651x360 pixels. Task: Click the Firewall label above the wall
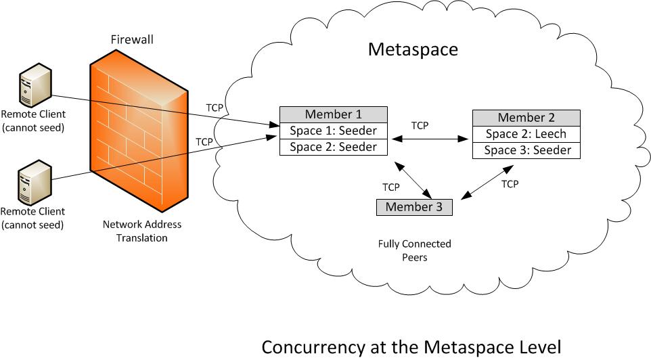[132, 40]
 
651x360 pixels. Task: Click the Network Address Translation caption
[142, 231]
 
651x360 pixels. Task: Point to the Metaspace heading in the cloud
[412, 49]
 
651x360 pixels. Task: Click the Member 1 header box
[334, 114]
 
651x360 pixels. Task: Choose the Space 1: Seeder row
[334, 131]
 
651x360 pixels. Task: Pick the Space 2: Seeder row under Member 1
[334, 147]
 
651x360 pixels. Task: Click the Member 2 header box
[526, 118]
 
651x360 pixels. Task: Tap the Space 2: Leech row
[526, 134]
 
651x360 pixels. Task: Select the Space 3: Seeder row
[526, 150]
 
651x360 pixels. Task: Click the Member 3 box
[414, 207]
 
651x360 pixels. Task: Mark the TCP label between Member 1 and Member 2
[420, 126]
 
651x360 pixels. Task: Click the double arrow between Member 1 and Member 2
[430, 139]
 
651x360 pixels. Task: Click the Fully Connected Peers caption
[414, 250]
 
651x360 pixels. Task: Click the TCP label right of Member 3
[510, 184]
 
